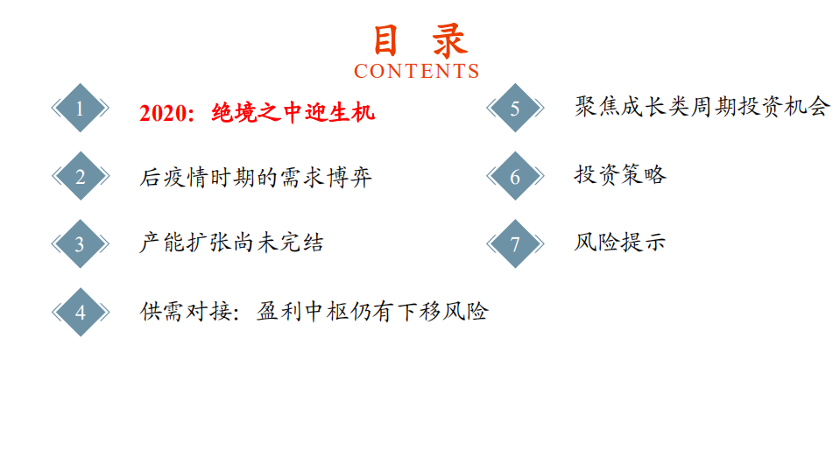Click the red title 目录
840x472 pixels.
(420, 40)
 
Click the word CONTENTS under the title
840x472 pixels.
(417, 71)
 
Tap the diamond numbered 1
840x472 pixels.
(81, 109)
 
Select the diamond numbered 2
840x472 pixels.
(81, 177)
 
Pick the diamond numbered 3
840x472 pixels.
(81, 243)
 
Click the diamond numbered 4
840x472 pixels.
(81, 312)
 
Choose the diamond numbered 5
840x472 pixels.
(515, 108)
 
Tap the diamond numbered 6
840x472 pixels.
(515, 176)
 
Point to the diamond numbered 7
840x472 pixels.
(515, 243)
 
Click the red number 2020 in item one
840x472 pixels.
(165, 112)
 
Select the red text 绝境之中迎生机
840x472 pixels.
(293, 112)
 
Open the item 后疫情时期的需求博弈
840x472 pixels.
(256, 177)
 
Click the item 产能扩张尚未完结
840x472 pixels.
(231, 243)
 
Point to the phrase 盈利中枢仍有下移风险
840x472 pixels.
(372, 312)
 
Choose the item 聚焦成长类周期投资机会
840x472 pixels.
(702, 107)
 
